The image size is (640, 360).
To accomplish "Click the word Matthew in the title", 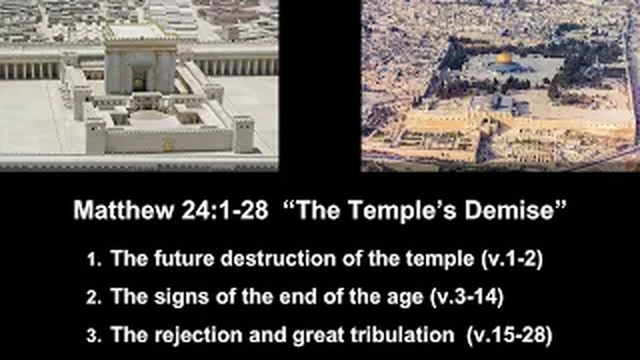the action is pyautogui.click(x=123, y=210).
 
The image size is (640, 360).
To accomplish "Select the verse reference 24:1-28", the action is pyautogui.click(x=225, y=210).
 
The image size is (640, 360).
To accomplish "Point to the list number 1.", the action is pyautogui.click(x=93, y=260).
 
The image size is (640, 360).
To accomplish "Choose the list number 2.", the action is pyautogui.click(x=93, y=298).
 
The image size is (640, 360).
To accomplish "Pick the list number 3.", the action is pyautogui.click(x=93, y=336).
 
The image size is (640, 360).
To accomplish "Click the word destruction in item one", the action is pyautogui.click(x=278, y=258).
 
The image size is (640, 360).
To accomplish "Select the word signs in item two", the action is pyautogui.click(x=181, y=297).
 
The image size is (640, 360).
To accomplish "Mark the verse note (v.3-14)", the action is pyautogui.click(x=466, y=297).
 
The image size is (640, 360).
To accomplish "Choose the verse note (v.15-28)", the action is pyautogui.click(x=509, y=335).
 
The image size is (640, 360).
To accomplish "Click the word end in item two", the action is pyautogui.click(x=298, y=296).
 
